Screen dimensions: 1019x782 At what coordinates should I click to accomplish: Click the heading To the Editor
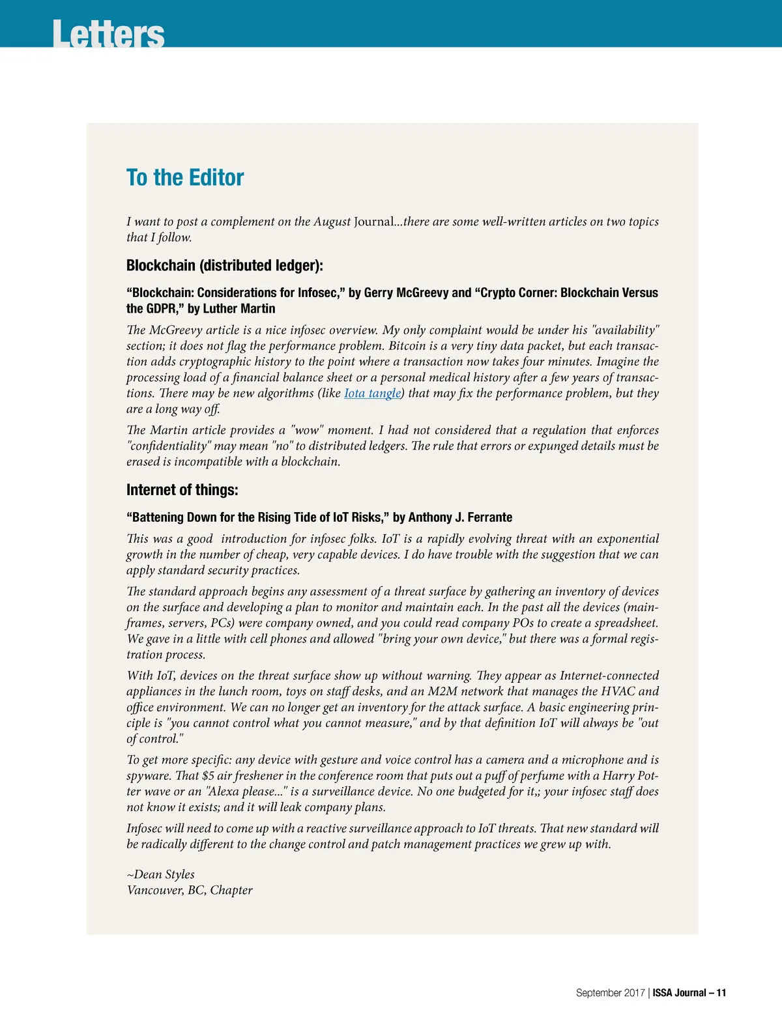coord(185,177)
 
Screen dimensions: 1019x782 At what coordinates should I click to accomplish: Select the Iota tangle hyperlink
coord(372,393)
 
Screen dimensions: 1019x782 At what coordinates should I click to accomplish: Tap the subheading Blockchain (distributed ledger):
coord(225,265)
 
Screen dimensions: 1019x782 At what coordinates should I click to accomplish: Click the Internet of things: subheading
coord(182,490)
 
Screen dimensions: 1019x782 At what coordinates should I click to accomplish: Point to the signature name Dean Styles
coord(164,874)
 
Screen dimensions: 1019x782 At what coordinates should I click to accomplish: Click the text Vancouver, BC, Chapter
coord(190,890)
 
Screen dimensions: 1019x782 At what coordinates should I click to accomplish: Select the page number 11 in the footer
coord(721,993)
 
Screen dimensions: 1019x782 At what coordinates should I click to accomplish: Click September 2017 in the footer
coord(610,993)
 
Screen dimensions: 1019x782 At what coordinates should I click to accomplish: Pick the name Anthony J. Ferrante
coord(460,517)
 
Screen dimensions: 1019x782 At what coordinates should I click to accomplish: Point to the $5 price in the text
coord(208,775)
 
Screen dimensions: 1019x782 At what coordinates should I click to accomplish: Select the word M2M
coord(444,691)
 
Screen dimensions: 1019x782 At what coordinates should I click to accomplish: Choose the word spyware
coord(149,775)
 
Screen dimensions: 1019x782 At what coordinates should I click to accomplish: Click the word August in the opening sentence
coord(332,222)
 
